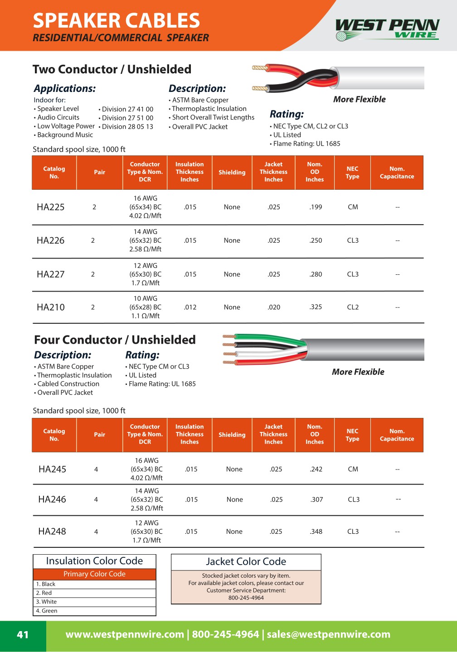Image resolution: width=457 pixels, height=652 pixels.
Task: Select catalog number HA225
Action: tap(51, 207)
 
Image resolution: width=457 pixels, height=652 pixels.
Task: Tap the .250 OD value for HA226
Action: tap(316, 240)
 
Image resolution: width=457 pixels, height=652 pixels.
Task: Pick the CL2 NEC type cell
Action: tap(353, 307)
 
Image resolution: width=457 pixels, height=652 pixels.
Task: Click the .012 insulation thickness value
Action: tap(190, 307)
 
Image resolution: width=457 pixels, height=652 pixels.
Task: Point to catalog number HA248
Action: tap(52, 532)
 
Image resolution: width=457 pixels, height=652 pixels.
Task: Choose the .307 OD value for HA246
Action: tap(316, 499)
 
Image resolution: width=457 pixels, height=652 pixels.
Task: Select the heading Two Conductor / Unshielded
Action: tap(112, 69)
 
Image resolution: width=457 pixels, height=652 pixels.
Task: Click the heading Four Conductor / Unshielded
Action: tap(115, 340)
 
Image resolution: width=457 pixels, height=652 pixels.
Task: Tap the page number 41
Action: tap(23, 635)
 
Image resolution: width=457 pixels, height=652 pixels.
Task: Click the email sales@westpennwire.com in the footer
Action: tap(328, 634)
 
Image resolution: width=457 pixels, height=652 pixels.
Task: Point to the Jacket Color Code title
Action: tap(246, 561)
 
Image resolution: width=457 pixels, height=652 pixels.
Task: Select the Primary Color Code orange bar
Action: tap(94, 574)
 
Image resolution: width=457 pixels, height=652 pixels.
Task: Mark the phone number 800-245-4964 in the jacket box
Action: tap(246, 598)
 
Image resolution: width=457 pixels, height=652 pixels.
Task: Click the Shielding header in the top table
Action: tap(232, 173)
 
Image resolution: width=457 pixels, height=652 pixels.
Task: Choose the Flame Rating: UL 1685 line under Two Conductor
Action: tap(306, 144)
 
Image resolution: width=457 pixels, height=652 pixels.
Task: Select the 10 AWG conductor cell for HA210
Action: tap(145, 307)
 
